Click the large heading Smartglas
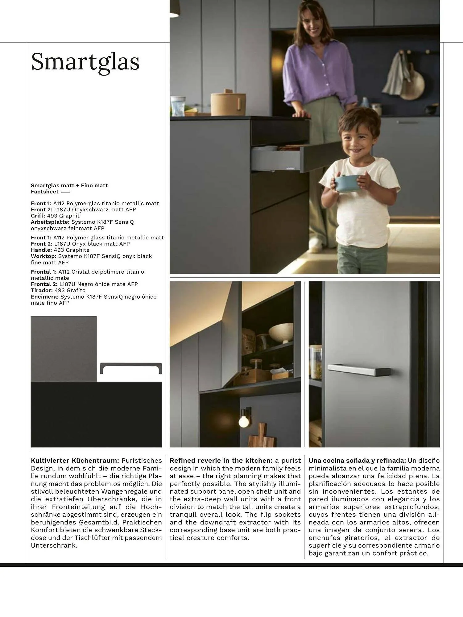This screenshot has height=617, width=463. tap(85, 62)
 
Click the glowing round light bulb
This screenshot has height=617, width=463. tap(244, 421)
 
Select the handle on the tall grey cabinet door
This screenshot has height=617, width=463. tap(359, 369)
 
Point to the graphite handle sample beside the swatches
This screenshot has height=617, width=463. tap(131, 367)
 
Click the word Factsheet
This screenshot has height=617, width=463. tap(45, 192)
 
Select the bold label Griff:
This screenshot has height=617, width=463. tap(38, 216)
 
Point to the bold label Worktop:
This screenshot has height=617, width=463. tap(43, 256)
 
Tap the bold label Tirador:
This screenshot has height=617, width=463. tap(42, 290)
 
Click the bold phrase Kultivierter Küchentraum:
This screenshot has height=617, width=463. tap(75, 461)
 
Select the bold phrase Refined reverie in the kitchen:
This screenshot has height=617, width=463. tap(221, 461)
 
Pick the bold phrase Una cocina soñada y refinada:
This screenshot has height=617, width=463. tap(357, 461)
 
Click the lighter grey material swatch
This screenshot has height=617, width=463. tap(64, 348)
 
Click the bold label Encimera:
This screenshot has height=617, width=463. tap(44, 296)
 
